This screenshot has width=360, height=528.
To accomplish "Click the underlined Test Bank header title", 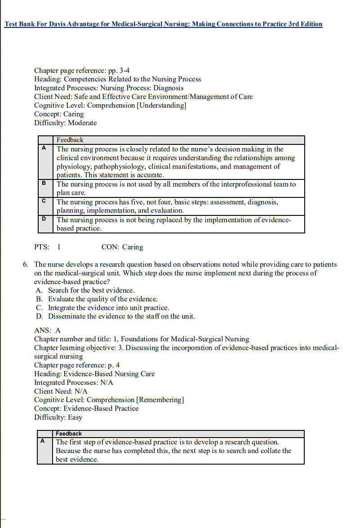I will coord(163,24).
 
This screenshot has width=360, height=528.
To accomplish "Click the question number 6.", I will coord(26,264).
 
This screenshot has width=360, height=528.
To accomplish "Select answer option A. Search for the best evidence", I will coord(91,291).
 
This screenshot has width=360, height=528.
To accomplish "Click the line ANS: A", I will coord(47,330).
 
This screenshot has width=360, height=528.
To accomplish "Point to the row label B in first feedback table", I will coord(44,183).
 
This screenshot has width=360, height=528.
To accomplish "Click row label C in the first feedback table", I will coord(44,201).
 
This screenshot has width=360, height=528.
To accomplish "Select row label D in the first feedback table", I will coord(44,219).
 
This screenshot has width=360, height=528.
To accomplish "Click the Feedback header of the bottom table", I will coord(69,434).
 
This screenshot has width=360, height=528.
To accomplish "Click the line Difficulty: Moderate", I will coord(65,123).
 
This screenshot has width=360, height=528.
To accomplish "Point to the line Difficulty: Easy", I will coord(58,417).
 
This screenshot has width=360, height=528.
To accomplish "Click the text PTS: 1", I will coord(47,247).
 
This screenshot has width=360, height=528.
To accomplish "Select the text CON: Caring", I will coord(122,247).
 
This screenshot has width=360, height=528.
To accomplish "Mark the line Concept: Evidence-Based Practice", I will coord(86,408).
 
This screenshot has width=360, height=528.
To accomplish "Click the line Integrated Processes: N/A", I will coord(74,382).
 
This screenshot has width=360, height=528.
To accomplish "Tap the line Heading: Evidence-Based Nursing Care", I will coord(94,374).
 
